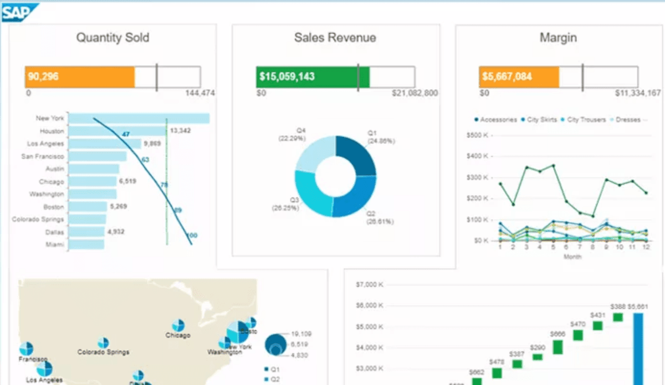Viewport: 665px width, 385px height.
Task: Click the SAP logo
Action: (20, 12)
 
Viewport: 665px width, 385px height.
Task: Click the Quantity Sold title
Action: (112, 38)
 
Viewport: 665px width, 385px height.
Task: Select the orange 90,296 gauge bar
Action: (80, 77)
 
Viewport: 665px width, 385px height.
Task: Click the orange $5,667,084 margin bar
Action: (519, 77)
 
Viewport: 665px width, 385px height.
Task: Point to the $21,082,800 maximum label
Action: (415, 93)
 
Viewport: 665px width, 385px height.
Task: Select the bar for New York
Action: (139, 119)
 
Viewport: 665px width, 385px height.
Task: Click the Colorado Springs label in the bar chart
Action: (38, 220)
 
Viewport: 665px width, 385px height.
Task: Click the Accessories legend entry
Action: (495, 120)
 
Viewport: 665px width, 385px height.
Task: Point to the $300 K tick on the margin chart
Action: (478, 178)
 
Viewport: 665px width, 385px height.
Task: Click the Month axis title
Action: (572, 257)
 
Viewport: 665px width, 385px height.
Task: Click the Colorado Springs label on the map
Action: (103, 352)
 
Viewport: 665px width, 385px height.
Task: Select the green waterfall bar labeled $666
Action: (558, 347)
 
